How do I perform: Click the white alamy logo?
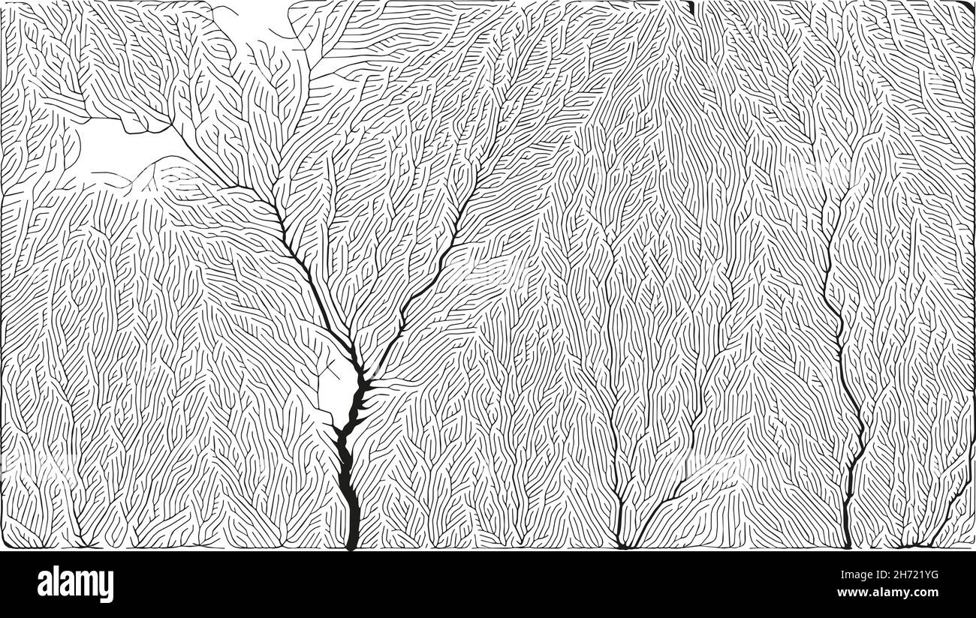pos(75,584)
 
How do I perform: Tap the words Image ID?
pos(849,576)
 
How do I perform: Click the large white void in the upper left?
pos(113,146)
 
